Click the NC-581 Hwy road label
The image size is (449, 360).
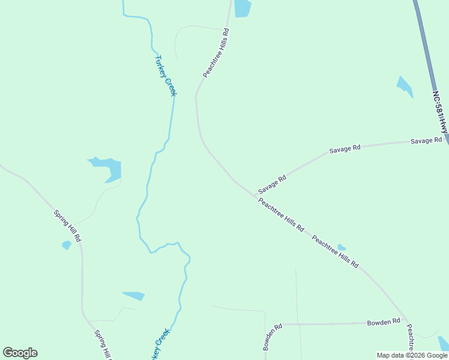[x=440, y=112]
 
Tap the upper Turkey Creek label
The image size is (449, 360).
[x=166, y=76]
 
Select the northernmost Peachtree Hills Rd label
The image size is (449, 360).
[x=216, y=53]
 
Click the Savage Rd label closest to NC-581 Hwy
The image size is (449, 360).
[x=426, y=140]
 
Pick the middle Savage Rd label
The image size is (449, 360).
[x=345, y=149]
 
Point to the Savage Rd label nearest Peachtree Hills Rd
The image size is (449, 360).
[x=273, y=184]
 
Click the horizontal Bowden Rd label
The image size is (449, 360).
[x=383, y=322]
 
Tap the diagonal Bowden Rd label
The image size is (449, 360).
[x=272, y=337]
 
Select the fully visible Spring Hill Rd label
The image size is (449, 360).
[x=67, y=226]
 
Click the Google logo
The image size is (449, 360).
[x=20, y=353]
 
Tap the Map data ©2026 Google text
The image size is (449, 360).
[x=412, y=355]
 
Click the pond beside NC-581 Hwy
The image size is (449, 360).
[x=405, y=86]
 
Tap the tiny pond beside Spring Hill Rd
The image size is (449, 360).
[x=66, y=245]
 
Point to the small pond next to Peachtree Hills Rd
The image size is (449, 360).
[x=341, y=247]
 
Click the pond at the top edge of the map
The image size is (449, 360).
[x=242, y=8]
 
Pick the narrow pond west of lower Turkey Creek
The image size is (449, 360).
[x=134, y=295]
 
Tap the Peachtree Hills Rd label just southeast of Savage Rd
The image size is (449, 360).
[x=281, y=215]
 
